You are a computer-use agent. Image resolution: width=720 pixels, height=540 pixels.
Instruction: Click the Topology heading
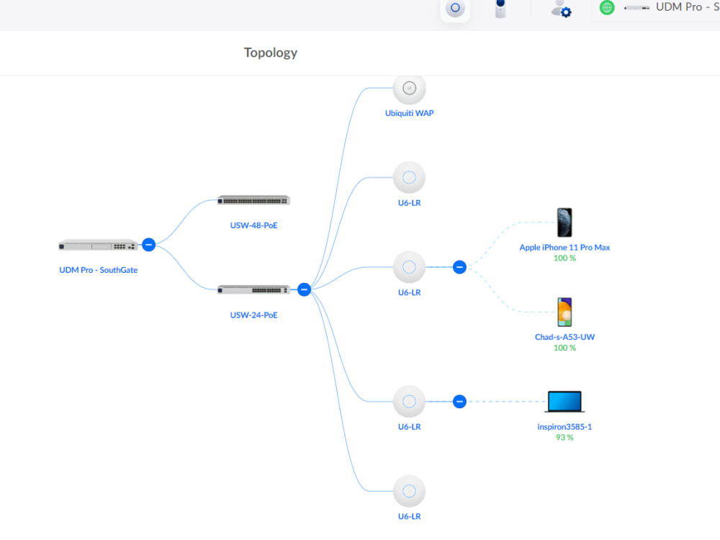click(x=270, y=53)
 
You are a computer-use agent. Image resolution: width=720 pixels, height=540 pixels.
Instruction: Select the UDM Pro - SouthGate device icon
click(x=98, y=245)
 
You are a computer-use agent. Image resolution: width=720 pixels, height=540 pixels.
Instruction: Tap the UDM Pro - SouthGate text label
click(x=98, y=270)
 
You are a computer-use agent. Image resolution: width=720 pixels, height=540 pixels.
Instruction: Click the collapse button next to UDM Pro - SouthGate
click(x=148, y=244)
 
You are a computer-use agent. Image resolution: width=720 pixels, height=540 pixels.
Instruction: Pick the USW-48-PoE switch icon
click(x=253, y=200)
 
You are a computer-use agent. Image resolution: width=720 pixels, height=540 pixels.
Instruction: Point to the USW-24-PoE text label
click(x=253, y=315)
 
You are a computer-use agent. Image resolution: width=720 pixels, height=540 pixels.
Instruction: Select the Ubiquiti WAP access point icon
click(x=409, y=89)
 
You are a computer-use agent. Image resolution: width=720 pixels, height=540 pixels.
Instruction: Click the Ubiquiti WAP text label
click(x=409, y=113)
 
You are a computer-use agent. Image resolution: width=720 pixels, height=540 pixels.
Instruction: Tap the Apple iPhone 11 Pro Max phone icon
click(x=564, y=222)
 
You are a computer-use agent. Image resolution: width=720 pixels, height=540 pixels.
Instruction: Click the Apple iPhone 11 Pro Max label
click(x=564, y=247)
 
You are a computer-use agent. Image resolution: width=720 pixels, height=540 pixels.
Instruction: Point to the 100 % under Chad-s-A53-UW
click(x=564, y=348)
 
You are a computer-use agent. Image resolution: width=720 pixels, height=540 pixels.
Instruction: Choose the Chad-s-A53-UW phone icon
click(x=564, y=312)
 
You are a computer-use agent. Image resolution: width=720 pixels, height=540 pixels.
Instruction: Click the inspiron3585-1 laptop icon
click(x=564, y=402)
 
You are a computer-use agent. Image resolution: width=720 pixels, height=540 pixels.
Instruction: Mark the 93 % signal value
click(x=564, y=437)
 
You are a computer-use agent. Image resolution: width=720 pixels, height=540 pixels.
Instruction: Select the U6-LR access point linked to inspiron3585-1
click(x=409, y=401)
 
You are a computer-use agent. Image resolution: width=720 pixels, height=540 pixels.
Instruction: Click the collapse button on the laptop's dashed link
click(x=459, y=401)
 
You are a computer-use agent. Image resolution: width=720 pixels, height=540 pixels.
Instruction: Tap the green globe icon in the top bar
click(x=607, y=8)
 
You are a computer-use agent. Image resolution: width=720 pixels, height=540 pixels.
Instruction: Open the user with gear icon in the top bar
click(x=561, y=9)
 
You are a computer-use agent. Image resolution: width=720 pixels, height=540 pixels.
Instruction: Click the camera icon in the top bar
click(x=500, y=9)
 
